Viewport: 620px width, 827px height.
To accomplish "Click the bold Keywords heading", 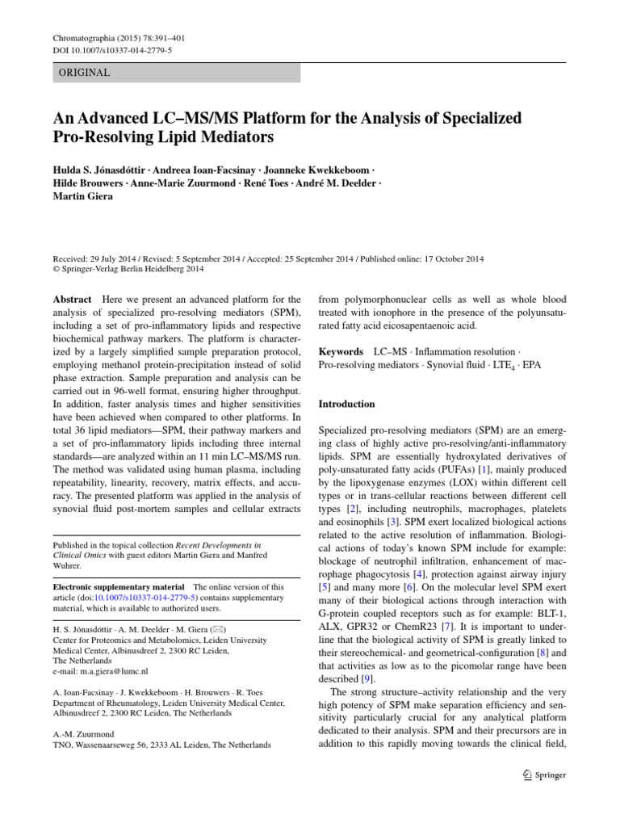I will coord(342,353).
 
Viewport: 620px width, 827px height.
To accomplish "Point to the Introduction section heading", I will coord(347,404).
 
